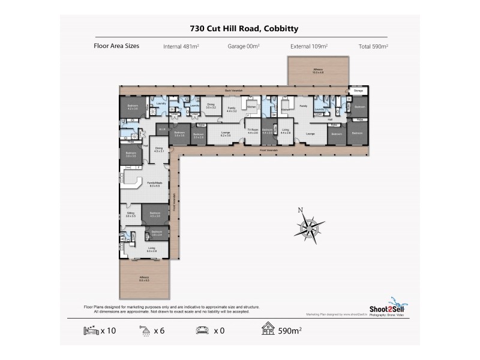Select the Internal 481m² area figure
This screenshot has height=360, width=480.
tap(181, 46)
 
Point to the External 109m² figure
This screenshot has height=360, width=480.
tap(310, 46)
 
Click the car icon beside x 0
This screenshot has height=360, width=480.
tap(202, 329)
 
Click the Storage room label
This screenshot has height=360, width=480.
tap(358, 92)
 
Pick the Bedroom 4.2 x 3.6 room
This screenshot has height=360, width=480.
tap(132, 107)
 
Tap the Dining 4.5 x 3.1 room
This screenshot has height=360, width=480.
tap(159, 149)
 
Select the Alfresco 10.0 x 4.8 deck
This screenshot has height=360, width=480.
tap(318, 71)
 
